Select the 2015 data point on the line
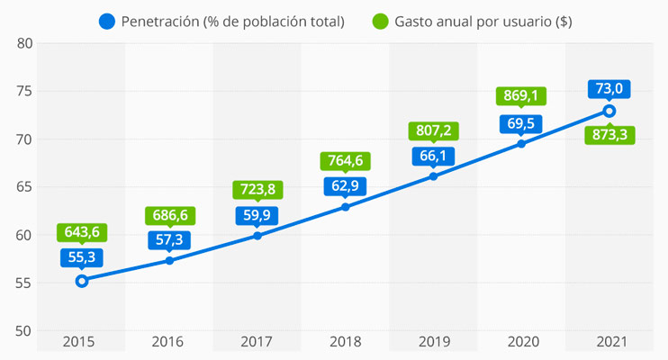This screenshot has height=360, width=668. pos(82,281)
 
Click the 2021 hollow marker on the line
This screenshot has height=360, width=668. pos(609,111)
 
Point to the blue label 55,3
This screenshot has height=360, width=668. pos(82,257)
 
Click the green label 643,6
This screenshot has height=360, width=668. pos(82,232)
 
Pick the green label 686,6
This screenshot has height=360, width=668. pos(170,216)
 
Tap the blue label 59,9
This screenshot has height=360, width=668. pos(257,215)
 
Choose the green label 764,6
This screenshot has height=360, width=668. pos(346,161)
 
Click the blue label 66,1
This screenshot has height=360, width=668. pos(433,156)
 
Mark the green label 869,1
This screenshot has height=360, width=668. pos(521,96)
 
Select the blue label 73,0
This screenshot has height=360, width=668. pos(609,88)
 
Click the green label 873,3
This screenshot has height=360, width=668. pos(609,135)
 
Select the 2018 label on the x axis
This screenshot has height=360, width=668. pos(346,342)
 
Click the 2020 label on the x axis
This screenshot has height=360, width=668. pos(521,342)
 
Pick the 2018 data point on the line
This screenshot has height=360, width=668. pos(346,207)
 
